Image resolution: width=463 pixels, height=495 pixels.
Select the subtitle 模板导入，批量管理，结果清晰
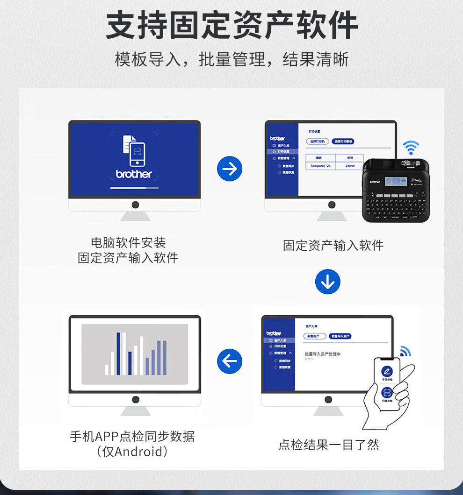coord(231,60)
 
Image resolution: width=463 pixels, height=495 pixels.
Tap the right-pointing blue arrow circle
coord(230,169)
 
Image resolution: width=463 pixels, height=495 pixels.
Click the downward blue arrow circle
coord(327,282)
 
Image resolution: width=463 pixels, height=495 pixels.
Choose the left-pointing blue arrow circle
coord(230,361)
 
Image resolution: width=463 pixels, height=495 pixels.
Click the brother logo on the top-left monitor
coord(134,174)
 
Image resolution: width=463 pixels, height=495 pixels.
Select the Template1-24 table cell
coord(320,166)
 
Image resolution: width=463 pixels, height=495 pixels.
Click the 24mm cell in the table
coord(350,166)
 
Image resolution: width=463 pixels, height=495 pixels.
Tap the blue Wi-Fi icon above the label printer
coord(411,148)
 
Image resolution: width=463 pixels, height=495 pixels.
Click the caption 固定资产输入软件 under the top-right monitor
coord(333,246)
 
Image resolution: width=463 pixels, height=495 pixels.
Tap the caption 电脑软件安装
coord(128,242)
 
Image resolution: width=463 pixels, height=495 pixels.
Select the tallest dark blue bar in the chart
coord(118,354)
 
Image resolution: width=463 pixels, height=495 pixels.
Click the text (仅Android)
coord(132,452)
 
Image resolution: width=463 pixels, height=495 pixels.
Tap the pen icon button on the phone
coord(387,372)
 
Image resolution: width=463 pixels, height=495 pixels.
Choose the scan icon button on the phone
coord(387,393)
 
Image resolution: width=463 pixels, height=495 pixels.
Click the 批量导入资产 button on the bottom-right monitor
coord(340,336)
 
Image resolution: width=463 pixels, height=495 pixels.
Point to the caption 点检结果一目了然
coord(328,445)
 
